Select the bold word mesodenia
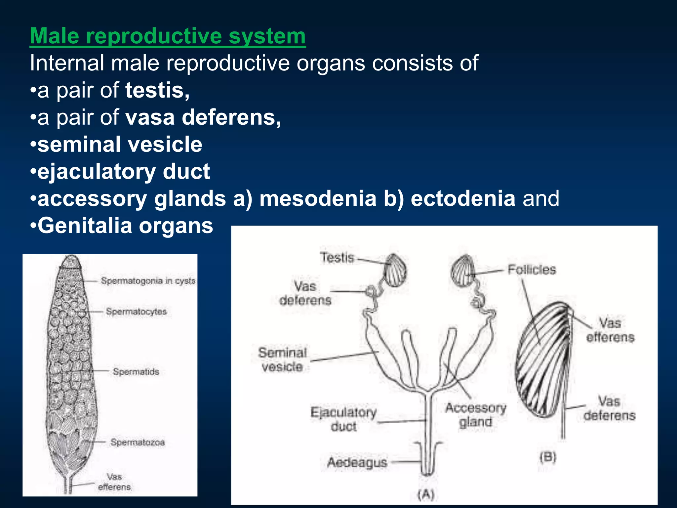pos(318,198)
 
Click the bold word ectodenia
pos(463,198)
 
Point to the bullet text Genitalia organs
pos(125,226)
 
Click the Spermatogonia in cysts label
pos(148,281)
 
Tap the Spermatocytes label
pos(136,312)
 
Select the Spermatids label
pos(136,372)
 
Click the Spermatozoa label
pos(138,442)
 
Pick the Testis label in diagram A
pos(337,258)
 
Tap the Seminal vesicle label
pos(282,360)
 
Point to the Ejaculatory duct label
pos(343,419)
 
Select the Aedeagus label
pos(357,462)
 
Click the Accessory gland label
pos(476,415)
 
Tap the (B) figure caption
pos(548,457)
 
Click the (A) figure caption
pos(426,495)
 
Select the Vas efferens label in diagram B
pos(610,330)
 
